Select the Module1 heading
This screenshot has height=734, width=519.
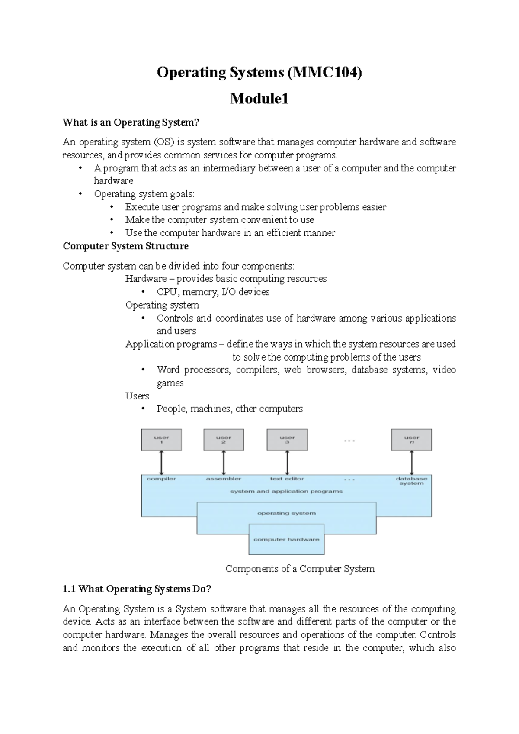pos(259,99)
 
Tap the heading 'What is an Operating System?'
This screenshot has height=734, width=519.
pos(131,122)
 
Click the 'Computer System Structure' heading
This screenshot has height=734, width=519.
pos(125,246)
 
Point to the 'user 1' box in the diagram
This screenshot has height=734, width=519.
pos(161,440)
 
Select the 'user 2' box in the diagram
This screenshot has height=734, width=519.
pos(224,440)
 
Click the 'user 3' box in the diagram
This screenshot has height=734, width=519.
pos(287,440)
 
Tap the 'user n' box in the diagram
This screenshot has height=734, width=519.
pos(411,440)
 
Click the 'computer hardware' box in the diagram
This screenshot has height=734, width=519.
pos(286,539)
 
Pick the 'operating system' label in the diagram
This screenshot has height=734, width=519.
pos(286,513)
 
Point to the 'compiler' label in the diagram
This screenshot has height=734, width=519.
pos(161,479)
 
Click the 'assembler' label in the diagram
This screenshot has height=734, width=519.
pos(224,479)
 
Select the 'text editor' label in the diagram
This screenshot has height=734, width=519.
pos(287,479)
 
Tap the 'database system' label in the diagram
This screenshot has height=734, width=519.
pos(411,481)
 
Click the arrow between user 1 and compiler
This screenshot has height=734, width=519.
pos(161,463)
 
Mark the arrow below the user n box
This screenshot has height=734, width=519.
pos(411,463)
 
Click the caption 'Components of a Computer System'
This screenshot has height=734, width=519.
pos(300,569)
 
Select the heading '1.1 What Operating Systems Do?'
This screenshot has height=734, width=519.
pos(137,589)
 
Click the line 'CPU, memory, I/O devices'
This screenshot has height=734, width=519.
pos(213,292)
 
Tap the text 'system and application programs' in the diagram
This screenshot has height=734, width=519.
pos(286,492)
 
